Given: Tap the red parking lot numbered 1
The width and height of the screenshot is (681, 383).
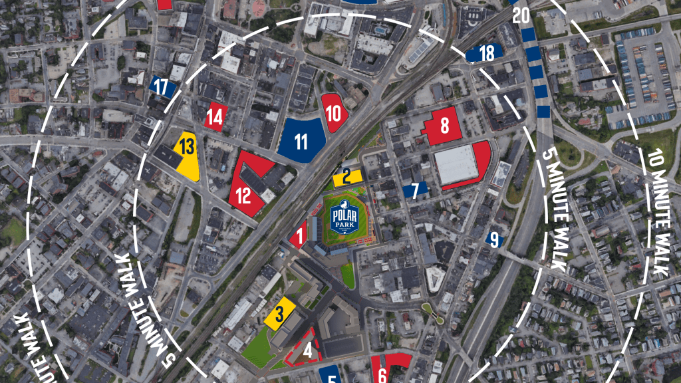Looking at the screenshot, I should coord(299,235).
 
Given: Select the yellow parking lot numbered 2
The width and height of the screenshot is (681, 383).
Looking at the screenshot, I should coord(347,177).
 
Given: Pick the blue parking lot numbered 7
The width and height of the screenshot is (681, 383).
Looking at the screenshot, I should coord(415,191).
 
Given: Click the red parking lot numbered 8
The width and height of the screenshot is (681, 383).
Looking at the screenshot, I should coord(444,125).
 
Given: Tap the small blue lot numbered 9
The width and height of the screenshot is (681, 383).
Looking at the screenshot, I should coord(493,239).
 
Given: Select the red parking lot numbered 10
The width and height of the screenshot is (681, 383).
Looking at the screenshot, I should coord(334,114).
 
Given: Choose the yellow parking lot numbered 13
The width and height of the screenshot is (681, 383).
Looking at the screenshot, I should coord(187,152).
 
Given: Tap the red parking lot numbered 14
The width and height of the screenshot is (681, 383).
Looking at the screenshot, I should coord(215,117).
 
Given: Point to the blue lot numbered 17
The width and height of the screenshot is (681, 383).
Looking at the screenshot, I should coord(162,86).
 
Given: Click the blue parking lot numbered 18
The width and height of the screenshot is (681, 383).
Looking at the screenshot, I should coord(485,53).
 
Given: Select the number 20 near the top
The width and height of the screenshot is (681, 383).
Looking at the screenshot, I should coord(521,15).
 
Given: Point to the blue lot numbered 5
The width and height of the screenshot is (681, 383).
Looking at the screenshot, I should coord(331,375).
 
